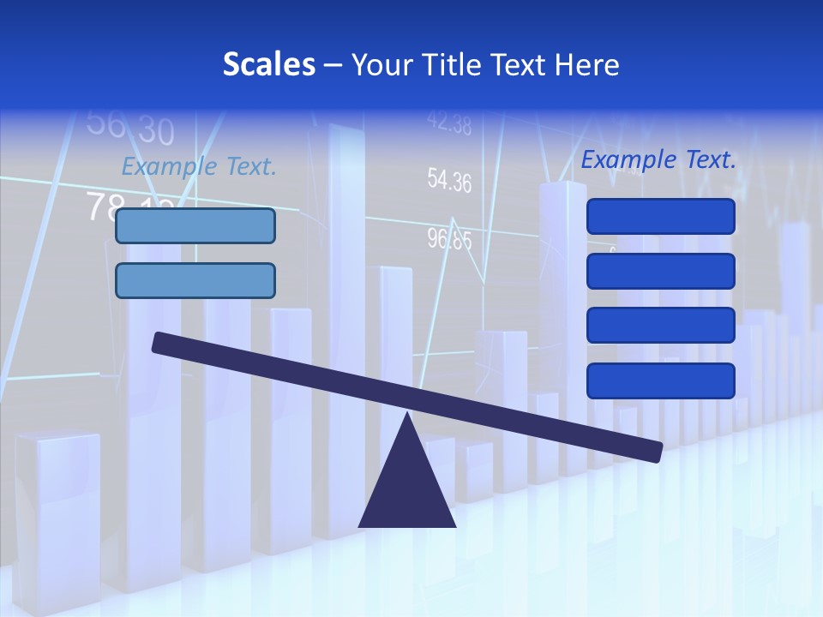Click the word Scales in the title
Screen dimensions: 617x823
(269, 65)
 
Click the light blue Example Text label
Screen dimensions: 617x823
(199, 166)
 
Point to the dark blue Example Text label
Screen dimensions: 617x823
(658, 159)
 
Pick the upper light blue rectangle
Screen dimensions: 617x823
(195, 225)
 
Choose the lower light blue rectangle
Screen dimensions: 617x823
(195, 280)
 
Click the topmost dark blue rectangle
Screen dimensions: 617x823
(661, 216)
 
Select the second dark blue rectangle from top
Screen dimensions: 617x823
(661, 271)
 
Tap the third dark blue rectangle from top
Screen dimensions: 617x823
(661, 326)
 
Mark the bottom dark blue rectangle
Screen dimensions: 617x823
(661, 380)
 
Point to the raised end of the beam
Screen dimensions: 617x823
(159, 342)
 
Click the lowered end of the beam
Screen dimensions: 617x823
(656, 452)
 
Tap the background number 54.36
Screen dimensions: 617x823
(449, 181)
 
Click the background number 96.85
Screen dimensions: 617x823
(449, 239)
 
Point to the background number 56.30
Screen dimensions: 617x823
(130, 127)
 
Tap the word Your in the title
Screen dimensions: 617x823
(380, 65)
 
